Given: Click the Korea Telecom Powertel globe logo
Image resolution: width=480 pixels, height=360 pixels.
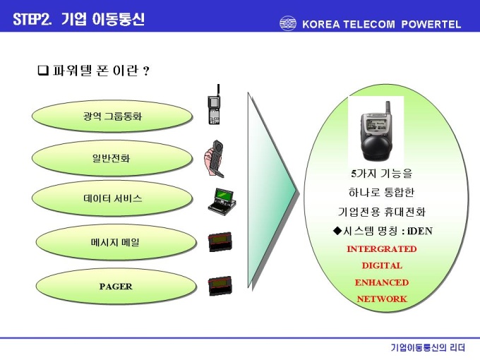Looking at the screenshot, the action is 288,23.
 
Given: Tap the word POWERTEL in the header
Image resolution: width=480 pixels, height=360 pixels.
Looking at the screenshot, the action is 431,24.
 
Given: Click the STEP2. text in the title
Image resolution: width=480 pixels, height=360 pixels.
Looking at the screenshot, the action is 32,19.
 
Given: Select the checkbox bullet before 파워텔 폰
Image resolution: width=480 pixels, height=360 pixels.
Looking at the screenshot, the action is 43,71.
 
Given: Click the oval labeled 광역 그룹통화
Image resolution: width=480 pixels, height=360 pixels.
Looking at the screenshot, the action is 112,116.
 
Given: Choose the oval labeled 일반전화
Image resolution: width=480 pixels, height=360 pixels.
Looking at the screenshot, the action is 112,158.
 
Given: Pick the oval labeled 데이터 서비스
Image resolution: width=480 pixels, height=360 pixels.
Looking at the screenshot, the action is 112,198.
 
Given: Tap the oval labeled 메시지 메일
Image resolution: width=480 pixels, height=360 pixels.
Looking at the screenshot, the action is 116,242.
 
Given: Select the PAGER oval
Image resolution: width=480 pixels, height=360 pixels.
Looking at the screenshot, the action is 116,286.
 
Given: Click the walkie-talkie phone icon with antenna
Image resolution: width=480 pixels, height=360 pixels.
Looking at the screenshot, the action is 215,104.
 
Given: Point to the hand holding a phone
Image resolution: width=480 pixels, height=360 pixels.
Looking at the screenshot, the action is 214,159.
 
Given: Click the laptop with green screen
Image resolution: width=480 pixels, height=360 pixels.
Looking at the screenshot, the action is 222,202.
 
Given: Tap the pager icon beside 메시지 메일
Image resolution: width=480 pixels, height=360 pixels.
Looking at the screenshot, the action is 220,242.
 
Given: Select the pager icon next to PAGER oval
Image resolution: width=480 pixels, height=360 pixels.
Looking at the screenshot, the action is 220,286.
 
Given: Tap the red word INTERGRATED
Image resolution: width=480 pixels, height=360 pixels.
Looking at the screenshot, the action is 381,249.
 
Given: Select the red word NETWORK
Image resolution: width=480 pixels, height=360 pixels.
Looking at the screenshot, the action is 382,299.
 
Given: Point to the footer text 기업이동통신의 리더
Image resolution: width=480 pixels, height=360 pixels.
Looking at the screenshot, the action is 428,347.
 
